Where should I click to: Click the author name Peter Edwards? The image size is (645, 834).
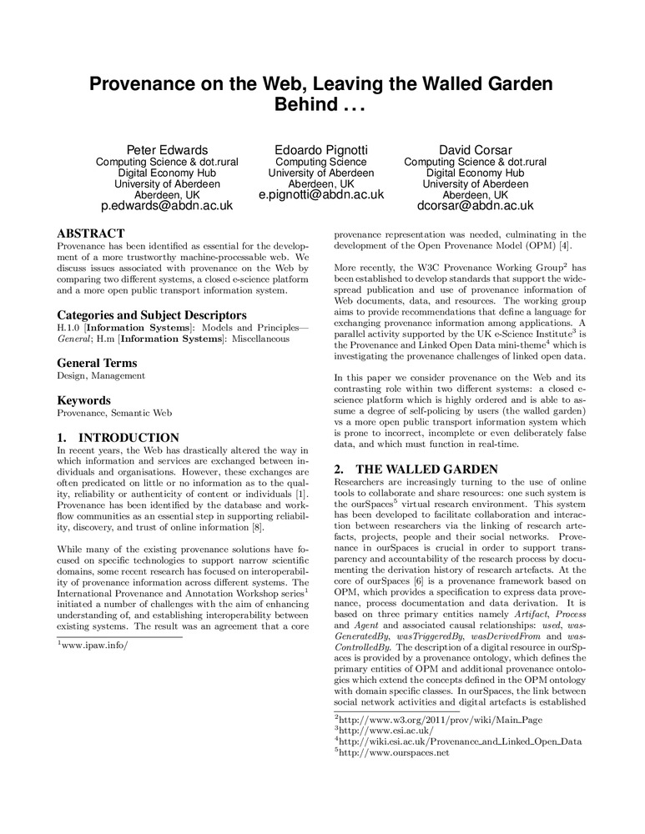167,150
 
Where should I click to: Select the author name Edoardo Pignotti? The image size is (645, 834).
321,150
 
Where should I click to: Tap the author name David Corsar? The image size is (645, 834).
475,150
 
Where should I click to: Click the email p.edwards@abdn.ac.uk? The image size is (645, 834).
167,205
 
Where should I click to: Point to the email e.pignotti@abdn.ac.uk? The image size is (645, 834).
321,194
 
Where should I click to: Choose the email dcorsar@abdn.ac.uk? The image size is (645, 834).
475,205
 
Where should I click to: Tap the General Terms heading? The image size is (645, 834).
96,363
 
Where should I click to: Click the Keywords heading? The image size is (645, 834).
85,400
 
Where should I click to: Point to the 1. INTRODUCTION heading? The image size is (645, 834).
118,438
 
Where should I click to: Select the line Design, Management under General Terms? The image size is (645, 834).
101,376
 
